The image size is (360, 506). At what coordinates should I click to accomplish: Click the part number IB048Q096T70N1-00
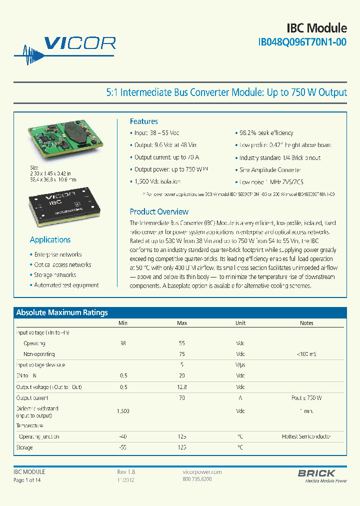(302, 43)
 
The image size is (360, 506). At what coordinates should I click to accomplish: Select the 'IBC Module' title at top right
(316, 27)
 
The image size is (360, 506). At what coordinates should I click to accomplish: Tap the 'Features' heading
(143, 121)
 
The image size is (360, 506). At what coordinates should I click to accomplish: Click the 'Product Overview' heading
(159, 211)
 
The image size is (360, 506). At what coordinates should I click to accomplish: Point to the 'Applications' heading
(50, 239)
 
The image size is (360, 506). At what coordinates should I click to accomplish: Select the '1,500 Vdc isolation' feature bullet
(157, 182)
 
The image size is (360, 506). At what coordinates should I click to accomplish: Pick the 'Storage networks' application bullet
(55, 275)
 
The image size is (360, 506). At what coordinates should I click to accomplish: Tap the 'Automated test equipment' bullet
(66, 285)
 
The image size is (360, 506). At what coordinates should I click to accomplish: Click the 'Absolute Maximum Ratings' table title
(62, 312)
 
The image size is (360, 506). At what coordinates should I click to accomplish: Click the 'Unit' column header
(240, 323)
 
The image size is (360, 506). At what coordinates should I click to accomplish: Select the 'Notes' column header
(306, 323)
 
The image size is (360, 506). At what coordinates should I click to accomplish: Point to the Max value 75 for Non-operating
(182, 354)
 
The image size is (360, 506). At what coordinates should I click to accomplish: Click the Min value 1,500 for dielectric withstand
(122, 411)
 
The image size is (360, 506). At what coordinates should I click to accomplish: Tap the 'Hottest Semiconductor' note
(306, 436)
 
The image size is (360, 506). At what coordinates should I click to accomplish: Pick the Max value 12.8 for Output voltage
(182, 387)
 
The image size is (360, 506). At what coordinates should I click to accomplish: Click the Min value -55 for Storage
(122, 447)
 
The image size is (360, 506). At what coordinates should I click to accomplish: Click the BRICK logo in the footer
(316, 473)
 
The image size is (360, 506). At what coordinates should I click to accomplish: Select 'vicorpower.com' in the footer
(199, 472)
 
